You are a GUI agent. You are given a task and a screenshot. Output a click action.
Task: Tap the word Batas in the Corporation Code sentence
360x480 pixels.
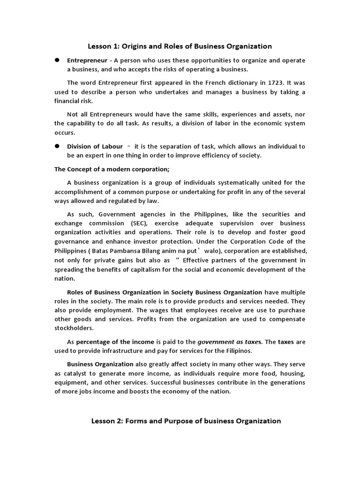point(97,251)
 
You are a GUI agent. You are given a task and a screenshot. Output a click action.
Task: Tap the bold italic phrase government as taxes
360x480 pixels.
point(228,342)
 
